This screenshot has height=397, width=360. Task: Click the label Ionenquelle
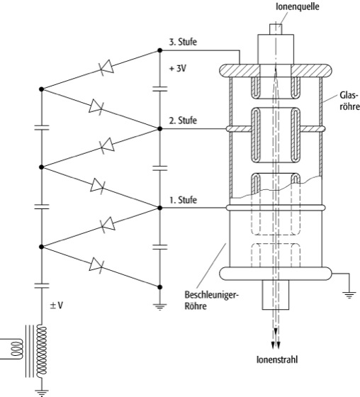[x=297, y=6]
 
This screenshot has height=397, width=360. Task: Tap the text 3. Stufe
[x=183, y=42]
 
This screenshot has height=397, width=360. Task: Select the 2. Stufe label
[x=183, y=120]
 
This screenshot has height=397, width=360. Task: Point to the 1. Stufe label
[x=183, y=200]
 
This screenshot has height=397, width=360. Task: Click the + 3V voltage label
[x=178, y=68]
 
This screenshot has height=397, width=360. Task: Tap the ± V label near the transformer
[x=56, y=306]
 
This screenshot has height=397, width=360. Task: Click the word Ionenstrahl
[x=277, y=359]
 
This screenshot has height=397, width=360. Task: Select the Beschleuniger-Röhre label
[x=212, y=301]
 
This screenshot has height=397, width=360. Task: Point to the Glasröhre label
[x=349, y=101]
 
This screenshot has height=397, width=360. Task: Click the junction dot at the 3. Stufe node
[x=159, y=50]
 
